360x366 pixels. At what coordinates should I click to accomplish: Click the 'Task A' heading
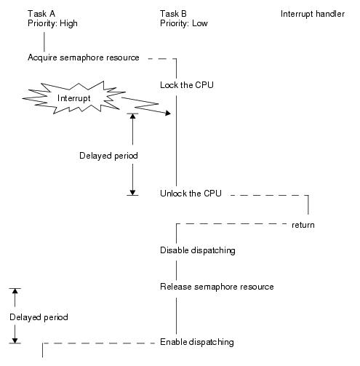(41, 14)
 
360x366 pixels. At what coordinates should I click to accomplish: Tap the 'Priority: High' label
(52, 23)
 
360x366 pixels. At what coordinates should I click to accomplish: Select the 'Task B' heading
(173, 14)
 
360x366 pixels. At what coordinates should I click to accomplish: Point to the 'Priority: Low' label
(184, 23)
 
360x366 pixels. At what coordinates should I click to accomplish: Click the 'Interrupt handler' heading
(313, 14)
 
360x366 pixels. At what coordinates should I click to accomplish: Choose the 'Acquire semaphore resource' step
(84, 57)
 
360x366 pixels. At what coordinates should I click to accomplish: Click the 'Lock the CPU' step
(187, 85)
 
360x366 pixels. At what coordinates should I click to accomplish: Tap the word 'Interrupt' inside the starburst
(73, 98)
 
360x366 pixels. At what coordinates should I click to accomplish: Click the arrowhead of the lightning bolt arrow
(168, 113)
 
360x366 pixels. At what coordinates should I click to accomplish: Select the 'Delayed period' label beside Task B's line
(108, 156)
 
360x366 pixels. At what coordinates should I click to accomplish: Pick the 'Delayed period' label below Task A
(39, 317)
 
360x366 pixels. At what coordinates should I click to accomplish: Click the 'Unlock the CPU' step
(191, 194)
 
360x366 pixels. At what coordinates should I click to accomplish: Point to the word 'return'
(303, 225)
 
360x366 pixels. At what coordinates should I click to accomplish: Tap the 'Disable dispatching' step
(198, 250)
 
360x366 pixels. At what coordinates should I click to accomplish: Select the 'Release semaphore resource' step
(217, 287)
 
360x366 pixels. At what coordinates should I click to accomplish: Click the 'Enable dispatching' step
(197, 342)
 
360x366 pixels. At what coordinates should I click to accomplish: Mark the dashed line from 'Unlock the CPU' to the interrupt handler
(269, 195)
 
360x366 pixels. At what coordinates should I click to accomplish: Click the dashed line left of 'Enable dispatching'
(99, 343)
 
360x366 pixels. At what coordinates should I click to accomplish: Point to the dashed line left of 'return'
(231, 223)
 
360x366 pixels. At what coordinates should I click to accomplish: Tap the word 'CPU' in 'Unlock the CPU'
(212, 194)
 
